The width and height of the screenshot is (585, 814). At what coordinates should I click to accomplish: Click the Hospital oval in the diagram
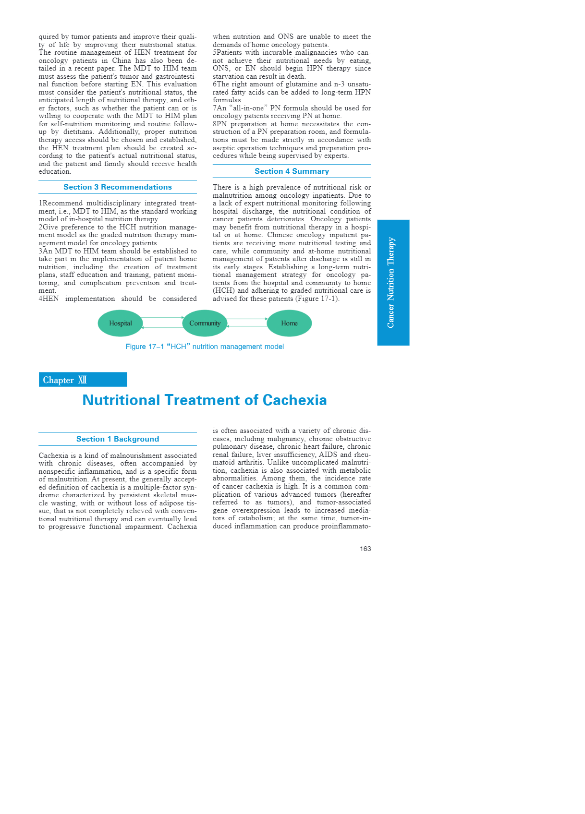click(121, 323)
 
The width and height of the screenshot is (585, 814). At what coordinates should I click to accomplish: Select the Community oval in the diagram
click(205, 323)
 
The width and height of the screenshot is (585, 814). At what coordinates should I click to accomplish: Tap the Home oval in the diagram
click(289, 323)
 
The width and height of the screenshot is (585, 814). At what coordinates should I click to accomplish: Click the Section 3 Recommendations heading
click(118, 187)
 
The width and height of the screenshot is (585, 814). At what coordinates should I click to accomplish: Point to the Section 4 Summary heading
click(292, 171)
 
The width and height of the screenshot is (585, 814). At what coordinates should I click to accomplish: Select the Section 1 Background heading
click(118, 439)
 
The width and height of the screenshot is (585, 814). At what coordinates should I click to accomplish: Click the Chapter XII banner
click(83, 380)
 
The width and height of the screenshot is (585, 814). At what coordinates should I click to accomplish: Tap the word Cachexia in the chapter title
click(294, 400)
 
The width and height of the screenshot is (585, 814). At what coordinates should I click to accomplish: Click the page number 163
click(365, 549)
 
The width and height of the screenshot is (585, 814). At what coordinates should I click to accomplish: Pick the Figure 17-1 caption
click(205, 347)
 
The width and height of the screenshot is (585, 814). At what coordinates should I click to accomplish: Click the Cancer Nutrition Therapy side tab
click(393, 283)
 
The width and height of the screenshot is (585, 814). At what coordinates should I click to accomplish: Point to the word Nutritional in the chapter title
click(121, 400)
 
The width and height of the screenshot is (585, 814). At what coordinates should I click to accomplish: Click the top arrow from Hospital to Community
click(163, 318)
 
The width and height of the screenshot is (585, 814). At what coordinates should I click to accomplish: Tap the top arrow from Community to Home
click(247, 319)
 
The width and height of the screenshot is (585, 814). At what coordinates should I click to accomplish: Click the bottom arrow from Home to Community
click(247, 326)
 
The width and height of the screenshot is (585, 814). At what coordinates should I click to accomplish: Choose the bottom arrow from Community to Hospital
click(162, 327)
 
